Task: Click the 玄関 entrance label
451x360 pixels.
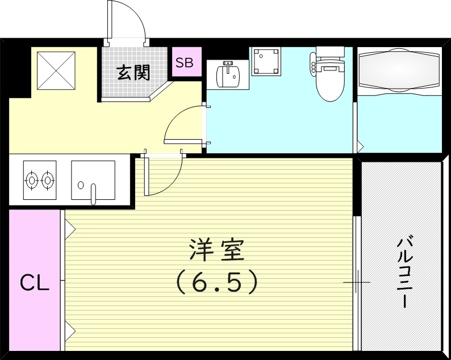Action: pos(134,73)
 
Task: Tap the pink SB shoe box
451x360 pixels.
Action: pos(184,63)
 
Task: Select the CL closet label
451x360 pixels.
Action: pos(35,282)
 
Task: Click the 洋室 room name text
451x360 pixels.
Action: pos(216,250)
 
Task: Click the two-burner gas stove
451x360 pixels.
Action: pos(40,180)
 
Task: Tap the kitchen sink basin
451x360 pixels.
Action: pos(93,179)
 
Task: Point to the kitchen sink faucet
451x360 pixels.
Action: pos(94,193)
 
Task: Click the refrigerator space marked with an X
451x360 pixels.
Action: pos(56,70)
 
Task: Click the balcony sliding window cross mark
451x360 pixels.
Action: pos(357,282)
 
